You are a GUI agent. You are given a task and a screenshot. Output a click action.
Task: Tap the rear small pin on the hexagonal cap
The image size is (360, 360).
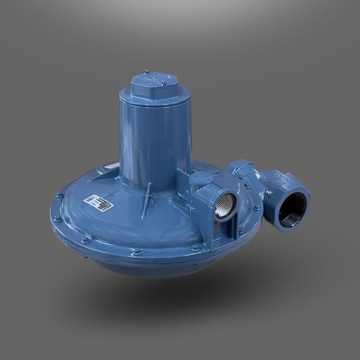click(145, 71)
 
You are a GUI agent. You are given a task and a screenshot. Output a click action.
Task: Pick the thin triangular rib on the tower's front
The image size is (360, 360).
click(147, 197)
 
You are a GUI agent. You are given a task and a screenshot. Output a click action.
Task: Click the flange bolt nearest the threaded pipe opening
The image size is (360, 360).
click(257, 208)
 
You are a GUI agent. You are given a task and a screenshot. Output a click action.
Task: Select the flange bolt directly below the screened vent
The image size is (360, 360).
click(195, 247)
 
